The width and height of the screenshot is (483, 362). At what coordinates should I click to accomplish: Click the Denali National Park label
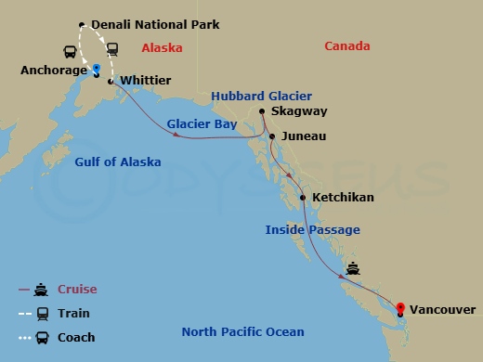[155, 24]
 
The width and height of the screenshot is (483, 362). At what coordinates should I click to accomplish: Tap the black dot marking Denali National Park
[83, 25]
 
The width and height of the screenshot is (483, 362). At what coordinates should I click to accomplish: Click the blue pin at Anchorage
[97, 68]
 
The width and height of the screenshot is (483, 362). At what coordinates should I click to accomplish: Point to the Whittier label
[146, 81]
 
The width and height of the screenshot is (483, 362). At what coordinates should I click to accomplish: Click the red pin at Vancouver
[400, 309]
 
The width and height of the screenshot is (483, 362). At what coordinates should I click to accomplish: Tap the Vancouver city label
[443, 309]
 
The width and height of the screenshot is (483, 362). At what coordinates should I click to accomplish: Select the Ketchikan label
[343, 198]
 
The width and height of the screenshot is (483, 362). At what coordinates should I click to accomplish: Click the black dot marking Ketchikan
[304, 198]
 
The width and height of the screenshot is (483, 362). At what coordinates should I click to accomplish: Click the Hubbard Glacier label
[261, 96]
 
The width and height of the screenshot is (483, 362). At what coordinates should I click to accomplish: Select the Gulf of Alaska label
[117, 162]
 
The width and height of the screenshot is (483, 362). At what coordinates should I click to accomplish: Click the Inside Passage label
[312, 229]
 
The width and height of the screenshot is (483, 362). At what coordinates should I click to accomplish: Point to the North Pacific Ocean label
[242, 332]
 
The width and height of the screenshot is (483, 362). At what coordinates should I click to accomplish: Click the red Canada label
[346, 46]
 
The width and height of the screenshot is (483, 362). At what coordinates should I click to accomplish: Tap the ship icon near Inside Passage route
[353, 269]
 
